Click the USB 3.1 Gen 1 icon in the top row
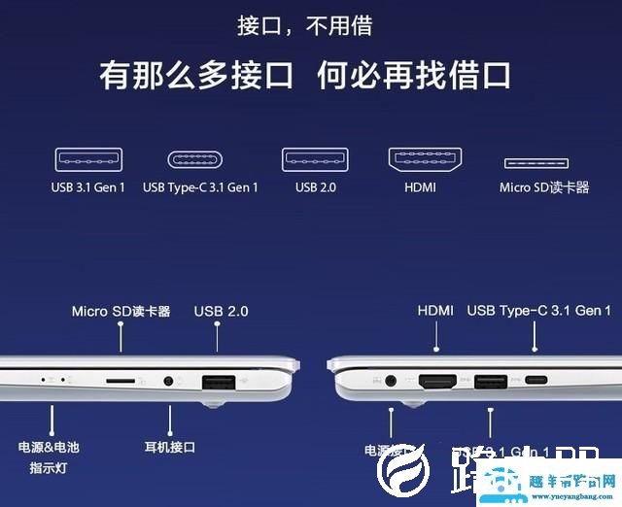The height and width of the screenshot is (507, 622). point(88,159)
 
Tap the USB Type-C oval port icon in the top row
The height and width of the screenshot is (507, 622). point(200,159)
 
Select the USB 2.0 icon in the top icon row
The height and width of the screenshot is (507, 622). point(315,159)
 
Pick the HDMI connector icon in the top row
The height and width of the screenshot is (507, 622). point(424,159)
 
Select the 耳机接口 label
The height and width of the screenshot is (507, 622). point(170,447)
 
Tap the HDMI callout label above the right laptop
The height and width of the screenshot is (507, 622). point(435,311)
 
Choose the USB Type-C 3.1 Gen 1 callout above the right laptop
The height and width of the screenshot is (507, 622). point(538,311)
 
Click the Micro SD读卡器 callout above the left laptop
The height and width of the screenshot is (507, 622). point(121,311)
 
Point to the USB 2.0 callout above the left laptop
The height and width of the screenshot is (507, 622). point(221,311)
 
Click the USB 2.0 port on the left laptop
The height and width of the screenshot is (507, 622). point(217,382)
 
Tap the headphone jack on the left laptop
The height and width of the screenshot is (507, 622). point(171,382)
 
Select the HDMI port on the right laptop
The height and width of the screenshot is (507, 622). point(438,382)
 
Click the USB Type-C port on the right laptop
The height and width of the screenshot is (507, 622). point(536,381)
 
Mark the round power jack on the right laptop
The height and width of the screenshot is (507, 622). point(393,382)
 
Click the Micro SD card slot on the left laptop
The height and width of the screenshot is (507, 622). point(121,382)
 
